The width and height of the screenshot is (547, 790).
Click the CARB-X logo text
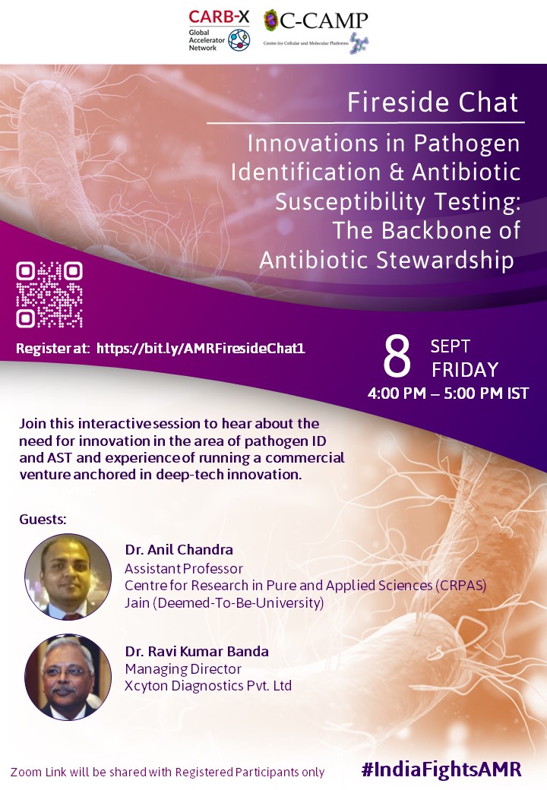(219, 17)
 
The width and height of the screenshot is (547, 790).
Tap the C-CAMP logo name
(324, 21)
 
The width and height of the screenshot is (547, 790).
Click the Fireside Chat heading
(433, 103)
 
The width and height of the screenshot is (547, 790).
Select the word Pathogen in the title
(466, 144)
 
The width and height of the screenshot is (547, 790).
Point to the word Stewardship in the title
(444, 260)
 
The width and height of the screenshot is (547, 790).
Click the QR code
(49, 295)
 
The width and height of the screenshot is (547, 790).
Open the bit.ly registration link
(201, 348)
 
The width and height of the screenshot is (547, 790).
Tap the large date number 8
(397, 357)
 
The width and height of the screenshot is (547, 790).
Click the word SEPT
(451, 346)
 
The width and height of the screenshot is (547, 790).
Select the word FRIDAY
(465, 370)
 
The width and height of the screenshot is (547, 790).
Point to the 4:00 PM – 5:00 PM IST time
(448, 393)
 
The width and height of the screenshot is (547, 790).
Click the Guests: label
(43, 520)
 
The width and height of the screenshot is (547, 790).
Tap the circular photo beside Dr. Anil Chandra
(68, 577)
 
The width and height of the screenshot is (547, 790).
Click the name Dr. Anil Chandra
(179, 550)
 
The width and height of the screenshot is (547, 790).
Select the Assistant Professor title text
(183, 569)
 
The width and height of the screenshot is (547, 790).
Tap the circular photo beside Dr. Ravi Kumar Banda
(68, 677)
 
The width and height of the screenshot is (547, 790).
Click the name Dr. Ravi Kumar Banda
(197, 652)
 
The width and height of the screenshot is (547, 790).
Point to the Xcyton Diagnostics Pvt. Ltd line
(208, 686)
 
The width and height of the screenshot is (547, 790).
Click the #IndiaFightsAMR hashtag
(441, 769)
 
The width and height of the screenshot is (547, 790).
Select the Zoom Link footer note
(168, 772)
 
